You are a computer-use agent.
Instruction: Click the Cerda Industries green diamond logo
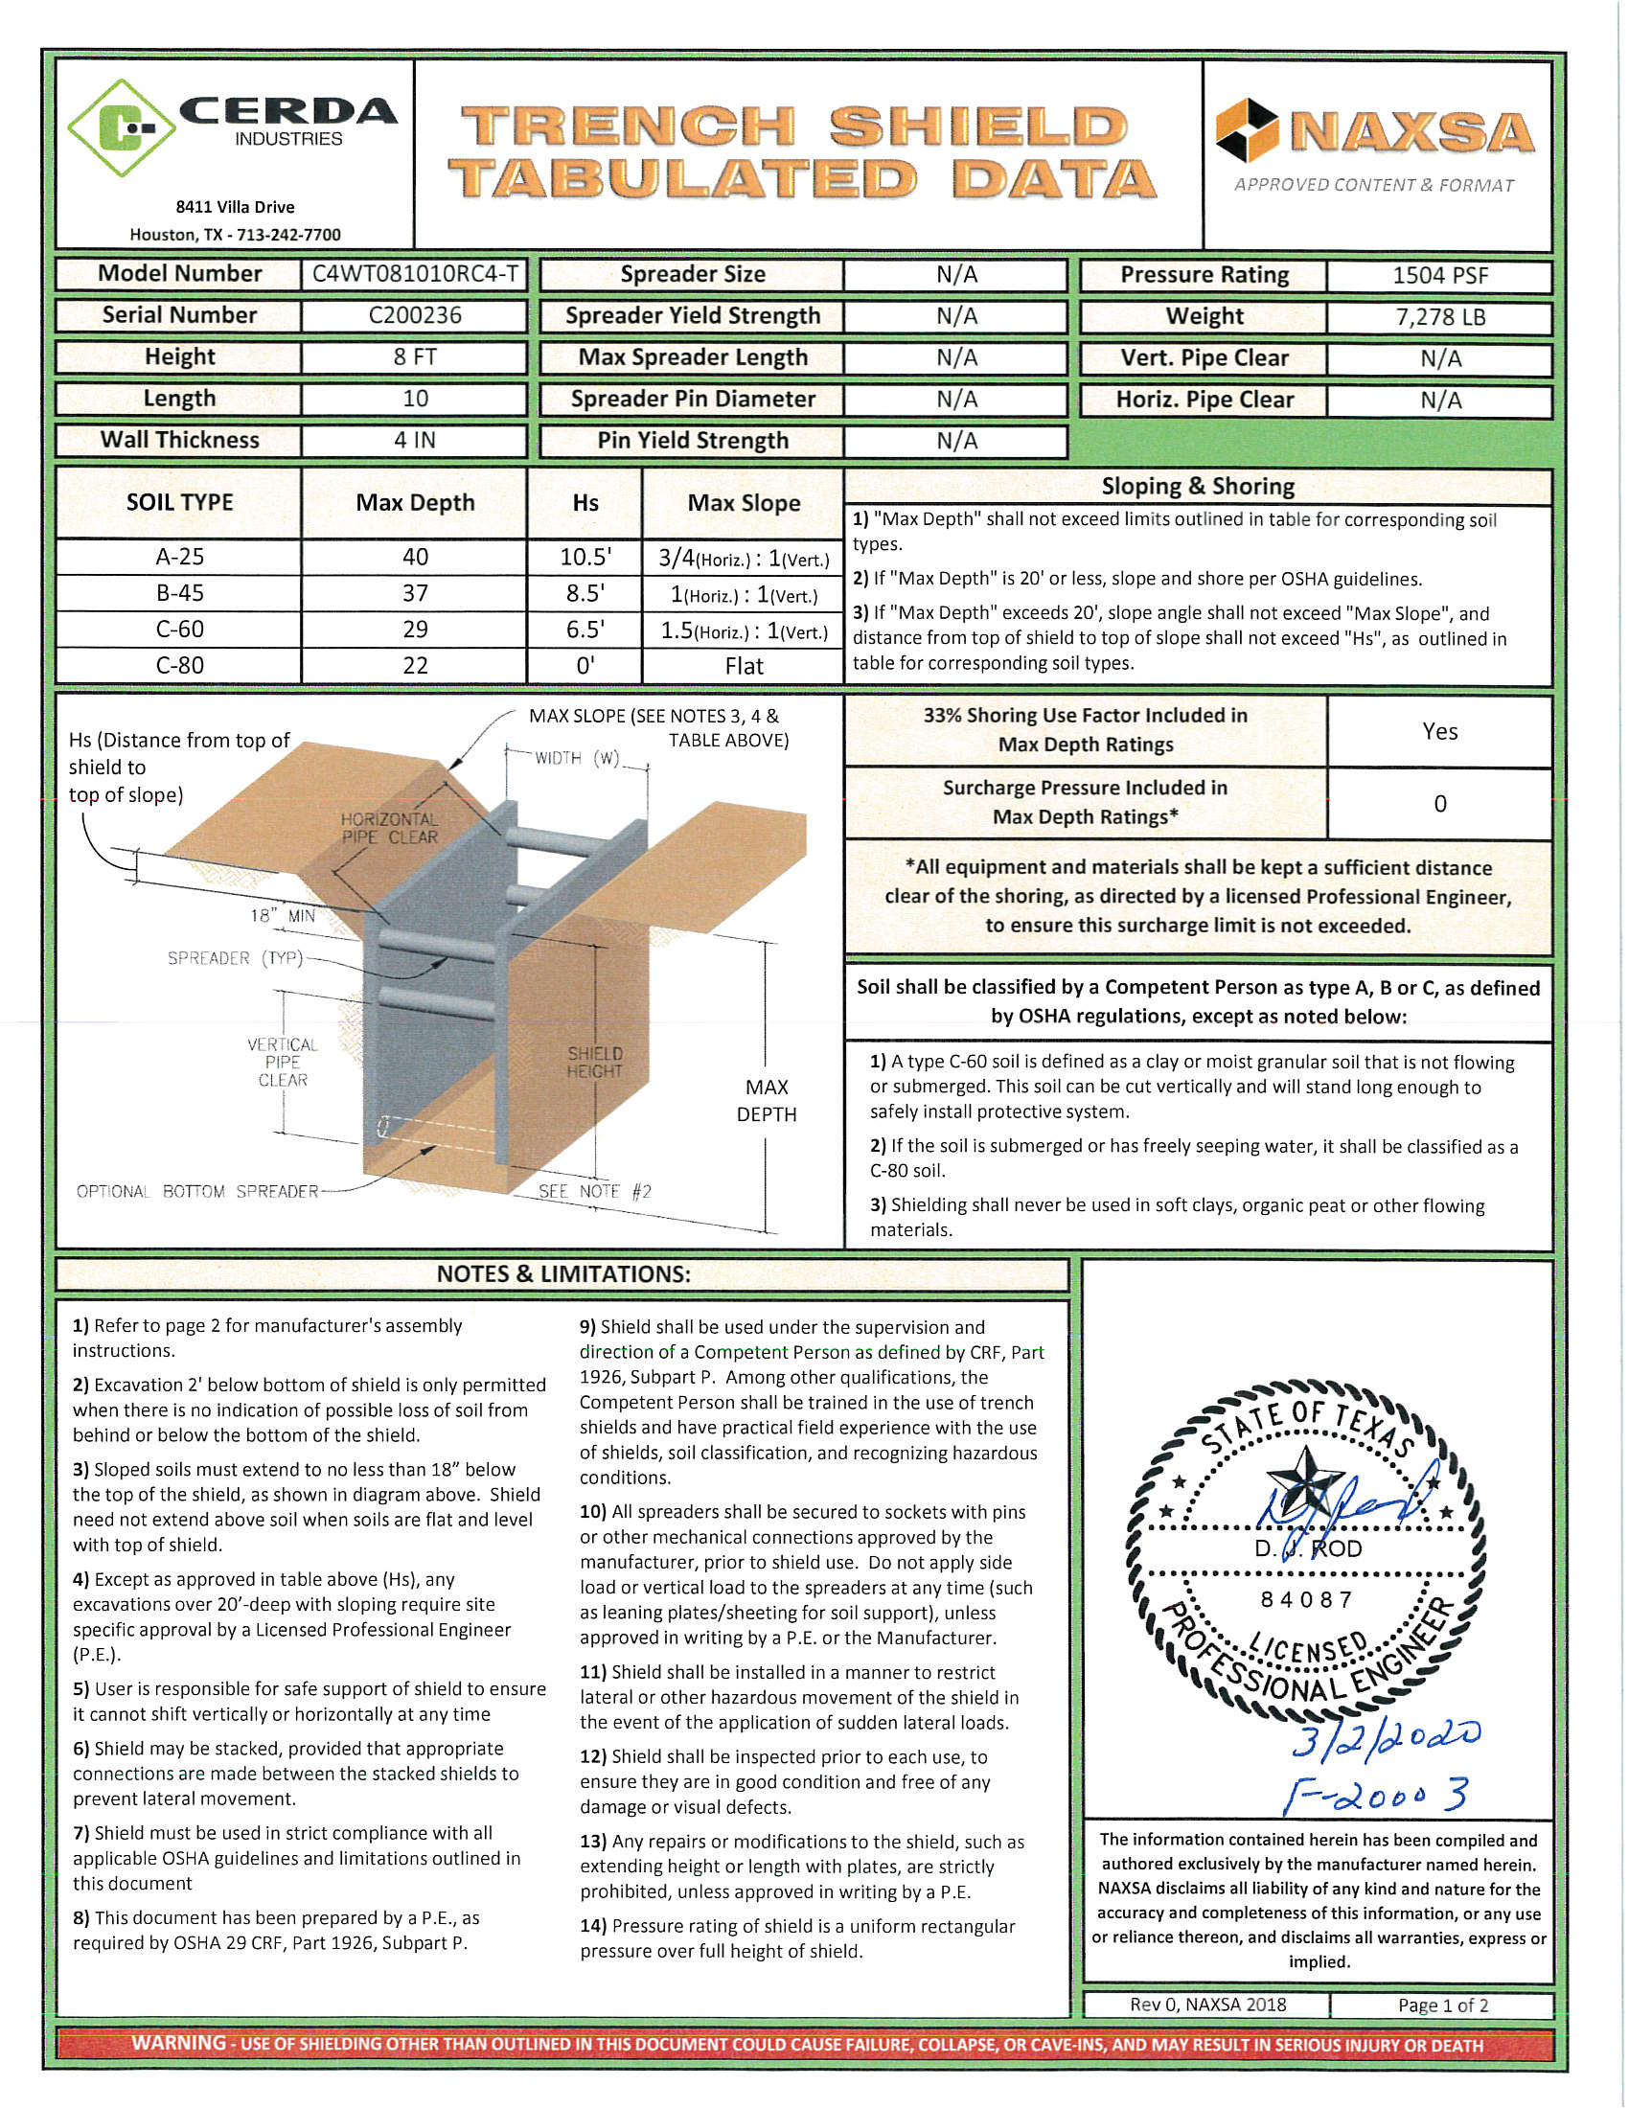coord(122,128)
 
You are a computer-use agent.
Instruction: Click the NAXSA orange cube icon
coord(1246,130)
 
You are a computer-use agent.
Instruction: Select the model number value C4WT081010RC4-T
coord(414,274)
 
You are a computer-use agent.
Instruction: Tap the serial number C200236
coord(414,315)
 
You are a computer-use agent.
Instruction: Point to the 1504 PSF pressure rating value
coord(1439,276)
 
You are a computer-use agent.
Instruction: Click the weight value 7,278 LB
coord(1439,317)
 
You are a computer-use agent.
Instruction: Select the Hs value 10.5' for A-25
coord(585,557)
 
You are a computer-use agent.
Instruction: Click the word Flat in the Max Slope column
coord(743,666)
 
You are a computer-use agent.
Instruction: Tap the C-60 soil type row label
coord(179,630)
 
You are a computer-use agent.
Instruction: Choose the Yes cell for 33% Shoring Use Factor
coord(1439,732)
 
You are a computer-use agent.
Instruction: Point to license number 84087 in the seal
coord(1307,1600)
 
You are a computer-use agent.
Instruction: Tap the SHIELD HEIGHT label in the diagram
coord(594,1062)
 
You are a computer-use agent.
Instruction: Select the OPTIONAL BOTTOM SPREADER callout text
coord(196,1192)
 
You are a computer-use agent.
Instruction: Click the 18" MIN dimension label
coord(282,915)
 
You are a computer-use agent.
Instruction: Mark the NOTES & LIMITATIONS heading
coord(562,1274)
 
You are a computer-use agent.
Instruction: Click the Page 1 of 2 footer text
coord(1442,2005)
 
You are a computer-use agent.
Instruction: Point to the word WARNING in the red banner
coord(178,2044)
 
